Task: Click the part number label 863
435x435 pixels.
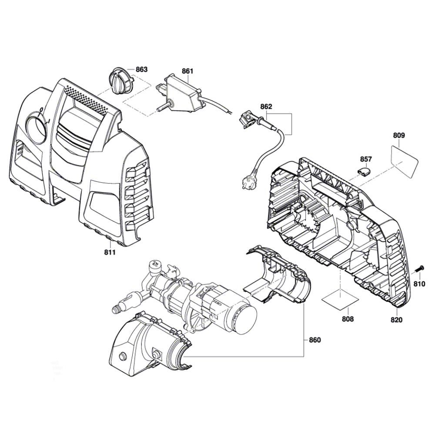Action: point(142,69)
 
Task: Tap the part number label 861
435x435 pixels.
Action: point(187,70)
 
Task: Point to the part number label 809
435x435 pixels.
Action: point(398,135)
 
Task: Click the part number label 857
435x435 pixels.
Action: point(366,159)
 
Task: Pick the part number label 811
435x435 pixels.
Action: point(109,253)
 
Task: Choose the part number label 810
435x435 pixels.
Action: point(418,284)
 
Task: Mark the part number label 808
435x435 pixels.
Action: point(348,319)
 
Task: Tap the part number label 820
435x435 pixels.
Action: point(397,320)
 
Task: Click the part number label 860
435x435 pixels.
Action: point(315,340)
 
